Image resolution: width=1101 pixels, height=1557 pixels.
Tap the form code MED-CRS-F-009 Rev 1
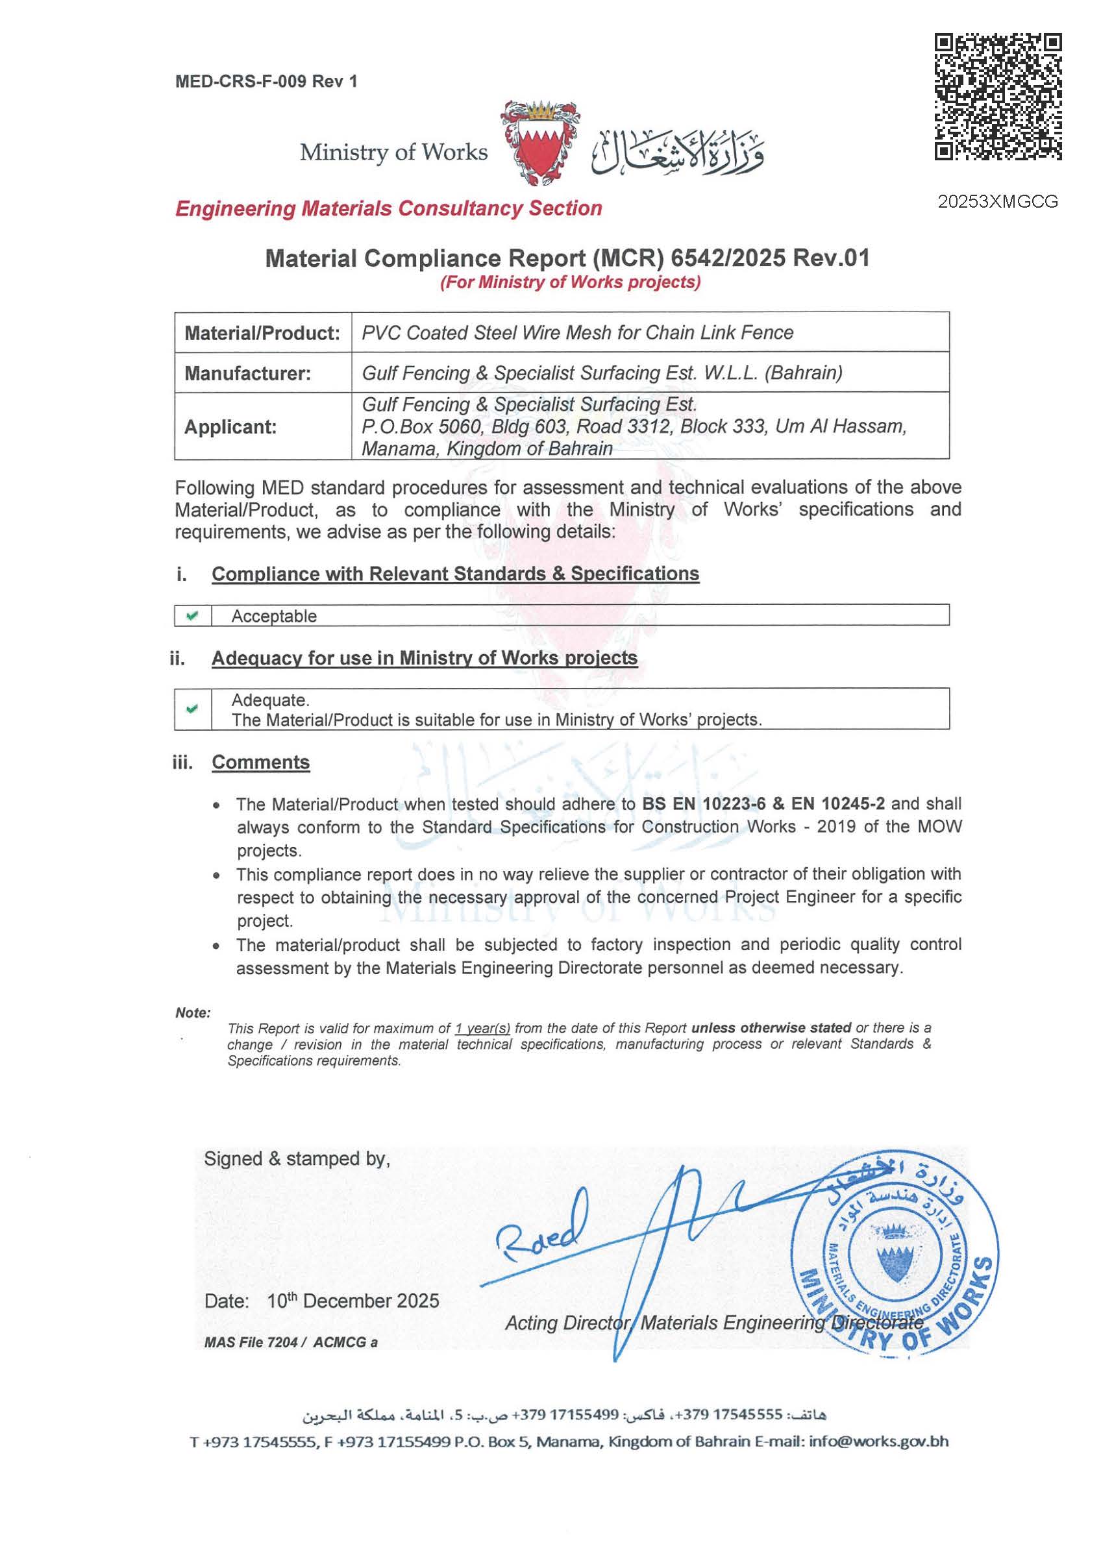[x=266, y=82]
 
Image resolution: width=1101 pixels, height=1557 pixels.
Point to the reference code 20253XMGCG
[x=997, y=201]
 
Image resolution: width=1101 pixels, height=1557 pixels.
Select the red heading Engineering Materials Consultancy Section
[x=389, y=208]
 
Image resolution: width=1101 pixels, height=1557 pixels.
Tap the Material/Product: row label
[x=262, y=333]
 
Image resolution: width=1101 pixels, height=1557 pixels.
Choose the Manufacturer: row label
[x=247, y=374]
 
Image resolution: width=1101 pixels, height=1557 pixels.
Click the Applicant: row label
[x=230, y=427]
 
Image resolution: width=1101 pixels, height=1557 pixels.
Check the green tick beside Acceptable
[x=193, y=616]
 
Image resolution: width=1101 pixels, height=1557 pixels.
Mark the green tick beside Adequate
[x=193, y=709]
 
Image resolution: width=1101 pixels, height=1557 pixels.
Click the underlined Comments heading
[x=260, y=762]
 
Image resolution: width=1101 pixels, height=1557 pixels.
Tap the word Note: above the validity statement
[x=193, y=1013]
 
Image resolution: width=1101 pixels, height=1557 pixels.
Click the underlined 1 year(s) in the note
[x=483, y=1028]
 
